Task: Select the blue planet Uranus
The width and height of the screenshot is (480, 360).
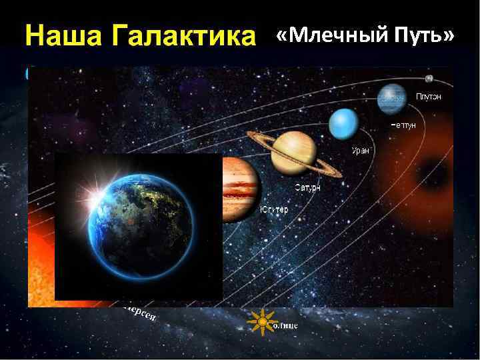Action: pos(344,123)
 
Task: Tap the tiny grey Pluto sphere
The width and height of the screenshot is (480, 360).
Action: pos(429,78)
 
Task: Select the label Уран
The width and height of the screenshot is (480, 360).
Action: pos(361,151)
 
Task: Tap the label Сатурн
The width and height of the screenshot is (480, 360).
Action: pos(307,188)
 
